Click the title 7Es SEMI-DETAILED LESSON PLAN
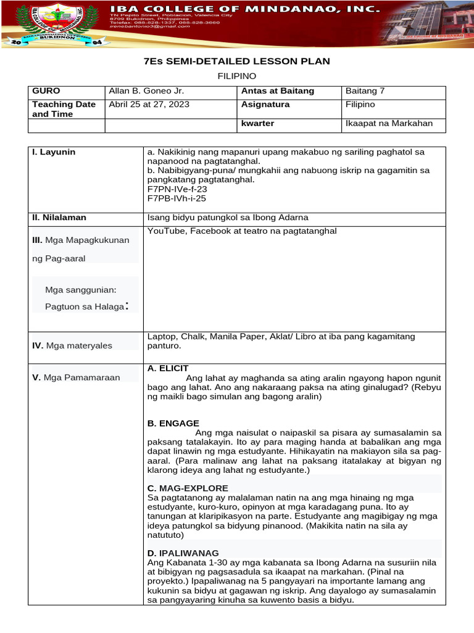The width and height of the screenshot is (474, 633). coord(237,61)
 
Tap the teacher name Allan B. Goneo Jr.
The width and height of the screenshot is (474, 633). coord(146,91)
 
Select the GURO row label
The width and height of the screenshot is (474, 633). coord(46,91)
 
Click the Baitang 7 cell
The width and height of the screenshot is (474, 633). coord(365,91)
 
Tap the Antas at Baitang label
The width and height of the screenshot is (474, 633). coord(278,91)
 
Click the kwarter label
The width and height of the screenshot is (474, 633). coord(257,124)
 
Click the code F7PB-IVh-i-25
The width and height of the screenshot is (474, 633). coord(176,198)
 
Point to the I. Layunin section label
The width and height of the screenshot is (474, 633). coord(54,151)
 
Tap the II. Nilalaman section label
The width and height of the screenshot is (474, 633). coord(59,218)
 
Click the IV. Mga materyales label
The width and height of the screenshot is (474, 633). coord(72,346)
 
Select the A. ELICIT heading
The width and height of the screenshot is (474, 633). coord(168,368)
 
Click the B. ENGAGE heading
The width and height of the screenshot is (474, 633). coord(173,423)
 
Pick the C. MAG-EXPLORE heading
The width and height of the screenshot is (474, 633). coord(188,488)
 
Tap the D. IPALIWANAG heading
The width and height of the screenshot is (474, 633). coord(183,553)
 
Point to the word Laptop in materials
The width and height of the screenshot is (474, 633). coord(162,337)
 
